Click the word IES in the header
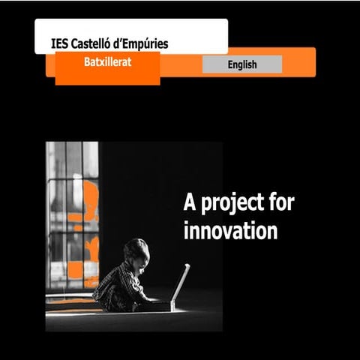click(59, 43)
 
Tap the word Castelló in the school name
click(95, 43)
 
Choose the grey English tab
click(241, 64)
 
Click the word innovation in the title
click(230, 230)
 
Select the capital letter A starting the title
click(190, 202)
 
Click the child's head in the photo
click(136, 251)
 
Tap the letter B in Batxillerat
click(88, 63)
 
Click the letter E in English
click(230, 64)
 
